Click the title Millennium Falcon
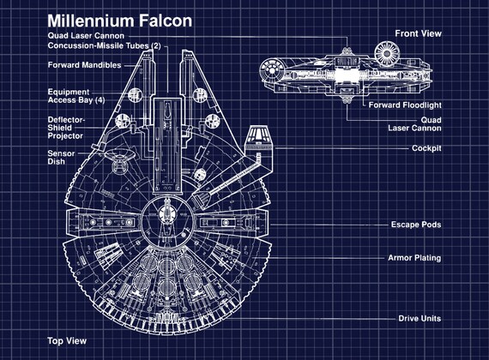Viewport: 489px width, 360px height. pyautogui.click(x=119, y=20)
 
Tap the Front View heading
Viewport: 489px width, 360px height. pyautogui.click(x=418, y=33)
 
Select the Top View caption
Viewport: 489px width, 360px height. pyautogui.click(x=66, y=340)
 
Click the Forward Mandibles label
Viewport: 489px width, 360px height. pyautogui.click(x=83, y=65)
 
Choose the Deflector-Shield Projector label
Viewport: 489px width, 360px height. pyautogui.click(x=66, y=127)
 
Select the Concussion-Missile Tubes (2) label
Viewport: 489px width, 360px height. pyautogui.click(x=104, y=45)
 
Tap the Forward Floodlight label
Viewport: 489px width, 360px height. pyautogui.click(x=405, y=105)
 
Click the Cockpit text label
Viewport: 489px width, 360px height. pyautogui.click(x=426, y=148)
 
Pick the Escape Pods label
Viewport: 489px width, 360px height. pyautogui.click(x=415, y=225)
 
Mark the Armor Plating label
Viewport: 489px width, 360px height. pyautogui.click(x=414, y=258)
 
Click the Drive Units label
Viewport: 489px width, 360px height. pyautogui.click(x=420, y=318)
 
